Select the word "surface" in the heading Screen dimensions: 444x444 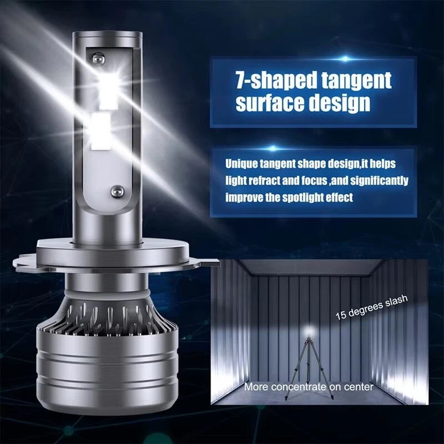click(268, 103)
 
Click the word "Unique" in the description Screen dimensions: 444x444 click(242, 164)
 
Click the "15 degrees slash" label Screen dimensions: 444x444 click(371, 306)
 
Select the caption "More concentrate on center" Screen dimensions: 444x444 click(309, 387)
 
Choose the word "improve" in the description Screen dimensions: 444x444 click(245, 198)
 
